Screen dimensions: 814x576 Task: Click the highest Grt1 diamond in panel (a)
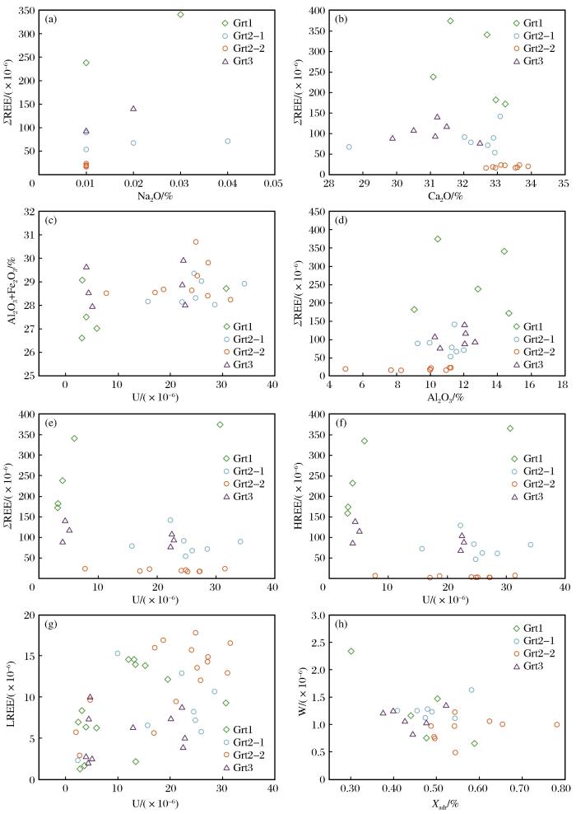pyautogui.click(x=180, y=14)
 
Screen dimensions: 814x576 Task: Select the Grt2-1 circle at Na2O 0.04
pyautogui.click(x=228, y=142)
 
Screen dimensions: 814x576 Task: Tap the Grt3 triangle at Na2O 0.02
pyautogui.click(x=133, y=109)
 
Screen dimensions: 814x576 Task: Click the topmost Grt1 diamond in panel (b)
pyautogui.click(x=450, y=21)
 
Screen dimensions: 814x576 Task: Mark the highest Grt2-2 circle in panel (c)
pyautogui.click(x=196, y=242)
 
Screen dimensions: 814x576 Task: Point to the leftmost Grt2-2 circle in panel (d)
pyautogui.click(x=346, y=369)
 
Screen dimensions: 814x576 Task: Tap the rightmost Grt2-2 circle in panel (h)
pyautogui.click(x=557, y=725)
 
